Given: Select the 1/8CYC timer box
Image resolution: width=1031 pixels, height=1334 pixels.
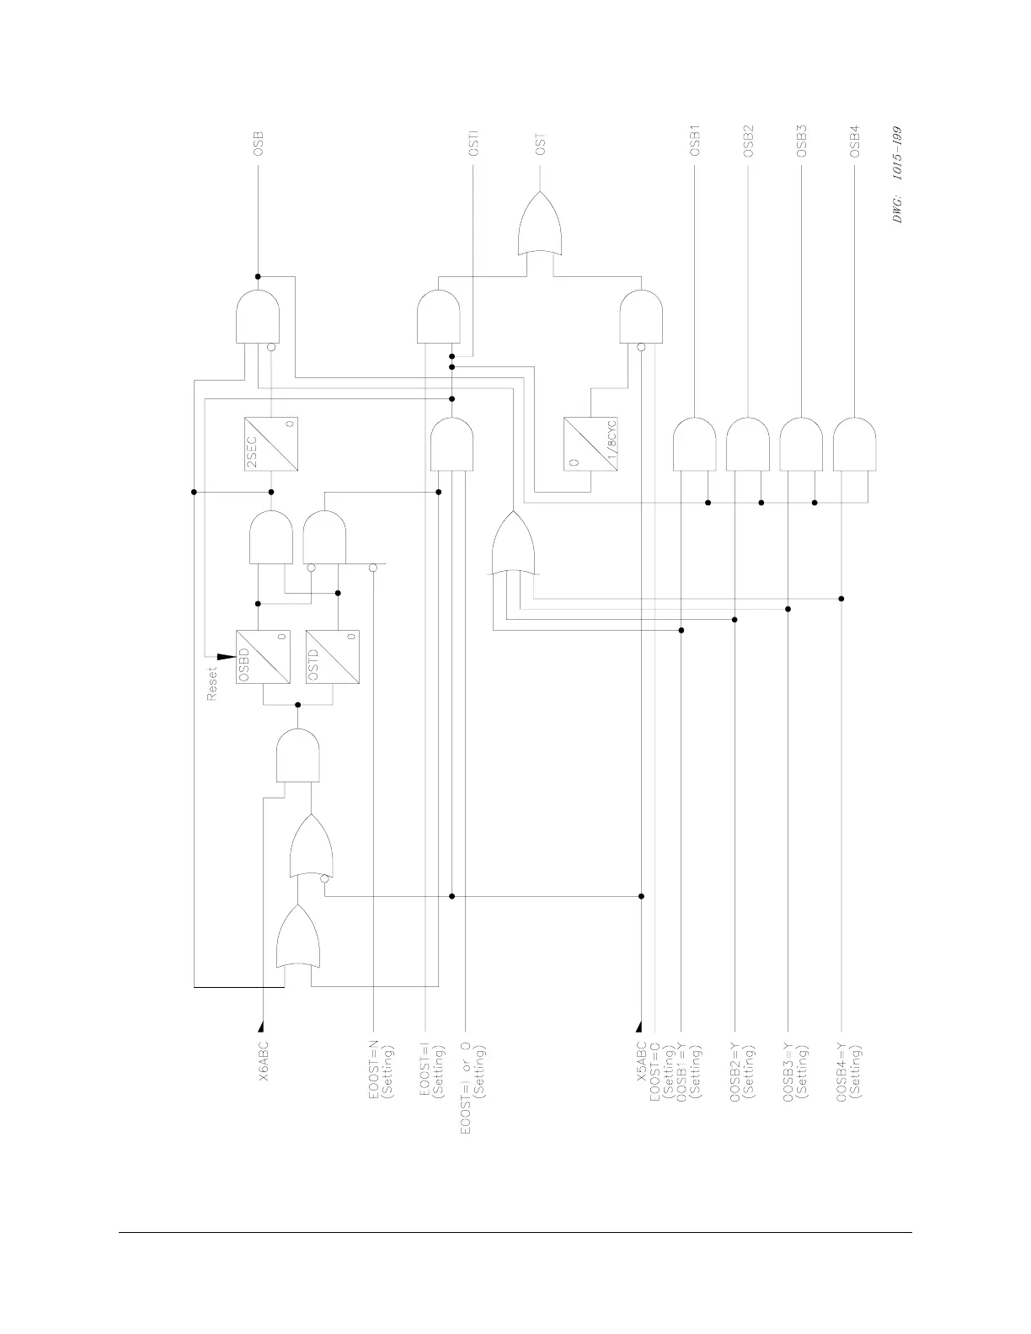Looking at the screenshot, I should (x=590, y=444).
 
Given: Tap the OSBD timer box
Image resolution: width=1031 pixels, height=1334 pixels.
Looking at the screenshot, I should (x=263, y=657).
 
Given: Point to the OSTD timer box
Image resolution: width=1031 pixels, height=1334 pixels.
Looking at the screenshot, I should (x=333, y=657).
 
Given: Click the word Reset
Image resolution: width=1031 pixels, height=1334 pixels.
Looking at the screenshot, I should (x=212, y=683).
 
